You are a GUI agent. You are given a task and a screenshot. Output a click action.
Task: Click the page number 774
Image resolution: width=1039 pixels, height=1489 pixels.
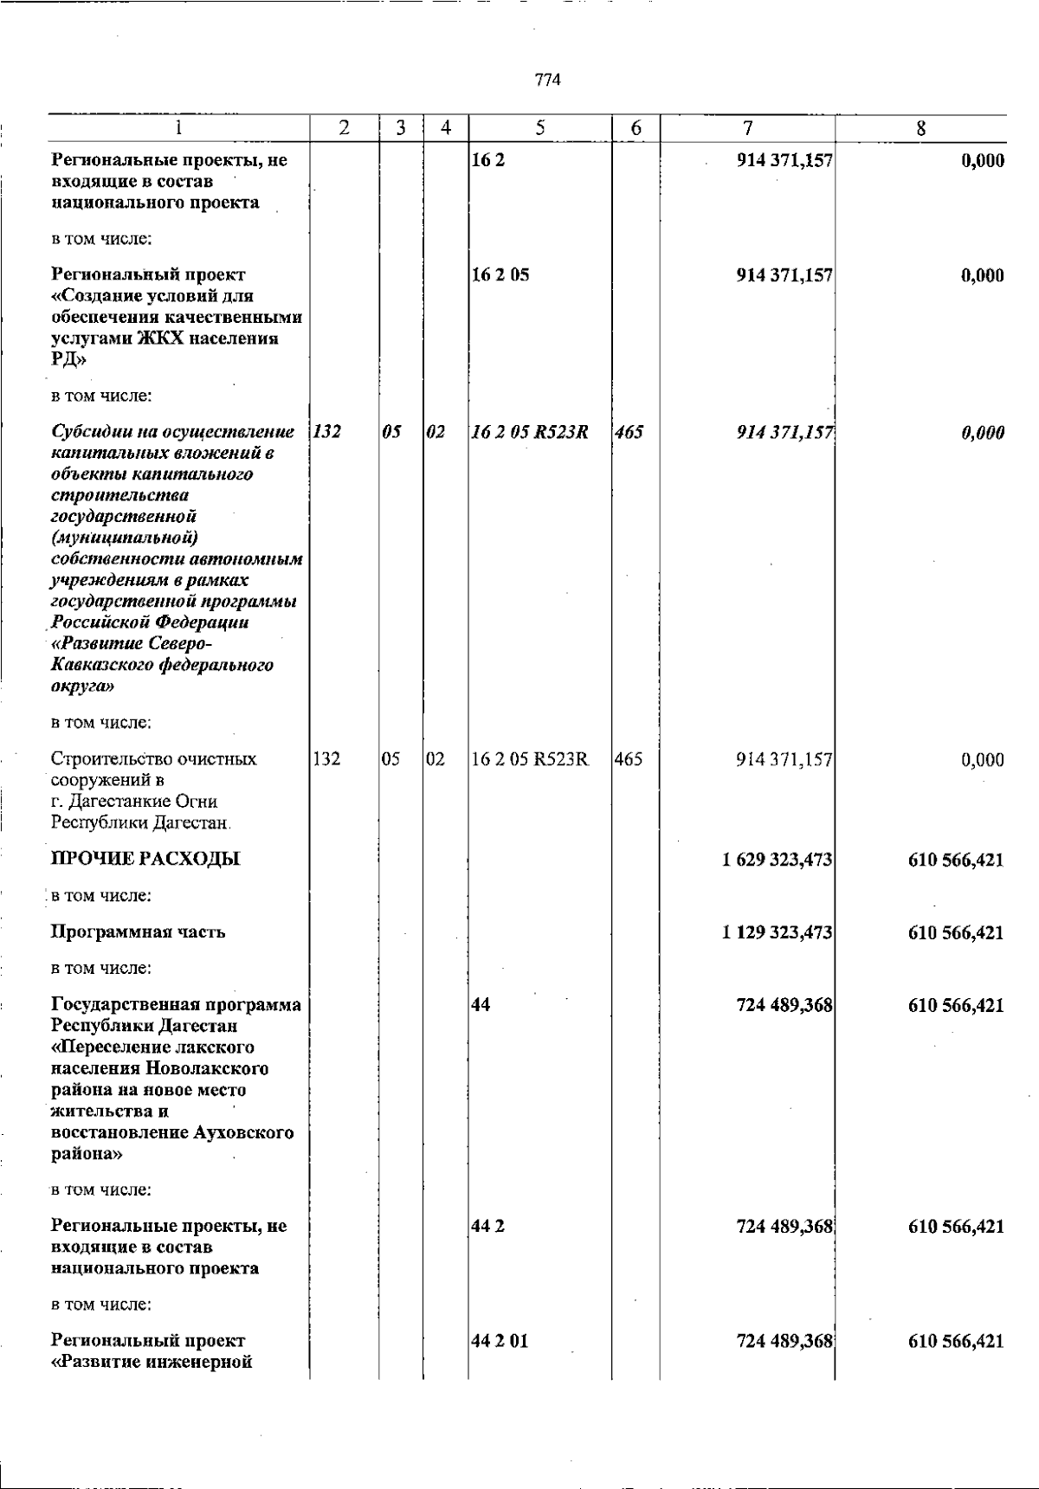tap(548, 81)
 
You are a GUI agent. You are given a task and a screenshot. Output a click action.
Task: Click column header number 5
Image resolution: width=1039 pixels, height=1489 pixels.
tap(539, 128)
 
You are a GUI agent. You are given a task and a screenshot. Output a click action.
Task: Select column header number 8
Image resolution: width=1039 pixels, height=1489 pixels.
tap(920, 128)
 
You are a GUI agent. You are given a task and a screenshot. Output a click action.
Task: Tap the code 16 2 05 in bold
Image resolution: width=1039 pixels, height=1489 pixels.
tap(500, 275)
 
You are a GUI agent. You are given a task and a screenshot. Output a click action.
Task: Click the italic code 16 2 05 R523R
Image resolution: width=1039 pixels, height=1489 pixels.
tap(530, 432)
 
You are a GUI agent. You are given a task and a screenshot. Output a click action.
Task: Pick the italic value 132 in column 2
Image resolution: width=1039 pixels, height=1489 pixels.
tap(326, 432)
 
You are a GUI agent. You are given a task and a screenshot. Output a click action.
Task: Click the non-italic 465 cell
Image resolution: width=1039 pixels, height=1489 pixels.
tap(629, 760)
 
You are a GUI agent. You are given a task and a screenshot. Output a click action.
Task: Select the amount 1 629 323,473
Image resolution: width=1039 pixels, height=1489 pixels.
tap(778, 861)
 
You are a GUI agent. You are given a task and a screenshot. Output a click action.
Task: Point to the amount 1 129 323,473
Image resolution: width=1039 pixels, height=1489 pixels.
tap(778, 933)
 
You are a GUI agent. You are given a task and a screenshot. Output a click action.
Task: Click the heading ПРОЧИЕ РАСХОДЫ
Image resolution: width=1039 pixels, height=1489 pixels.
tap(145, 859)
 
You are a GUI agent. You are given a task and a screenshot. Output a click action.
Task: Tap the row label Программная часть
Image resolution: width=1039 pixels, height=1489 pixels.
tap(139, 932)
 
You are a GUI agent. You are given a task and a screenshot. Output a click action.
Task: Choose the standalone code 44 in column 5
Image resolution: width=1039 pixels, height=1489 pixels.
tap(481, 1006)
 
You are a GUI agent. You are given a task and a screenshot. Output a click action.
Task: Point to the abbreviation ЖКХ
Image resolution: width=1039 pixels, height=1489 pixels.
tap(166, 338)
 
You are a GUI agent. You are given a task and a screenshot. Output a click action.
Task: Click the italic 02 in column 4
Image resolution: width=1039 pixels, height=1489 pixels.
tap(436, 432)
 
